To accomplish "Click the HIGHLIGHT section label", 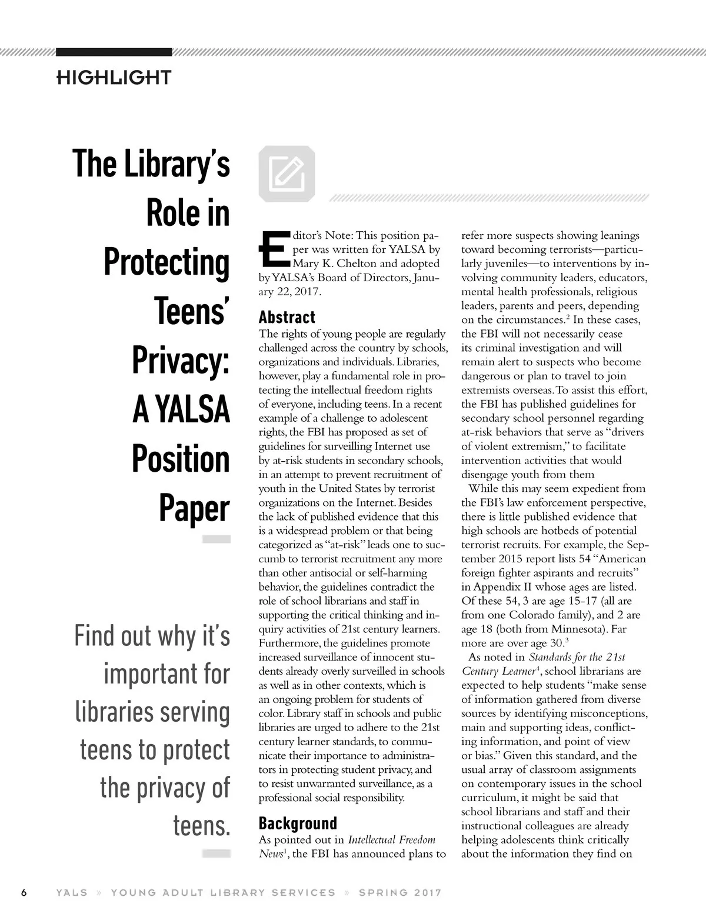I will click(x=114, y=77).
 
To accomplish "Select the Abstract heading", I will click(x=287, y=317).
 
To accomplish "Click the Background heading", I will click(x=298, y=823).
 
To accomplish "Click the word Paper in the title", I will click(x=194, y=509).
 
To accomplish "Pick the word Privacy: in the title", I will click(x=181, y=361).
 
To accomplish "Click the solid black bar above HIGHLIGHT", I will click(x=114, y=52).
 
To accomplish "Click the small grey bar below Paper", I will click(x=216, y=539).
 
